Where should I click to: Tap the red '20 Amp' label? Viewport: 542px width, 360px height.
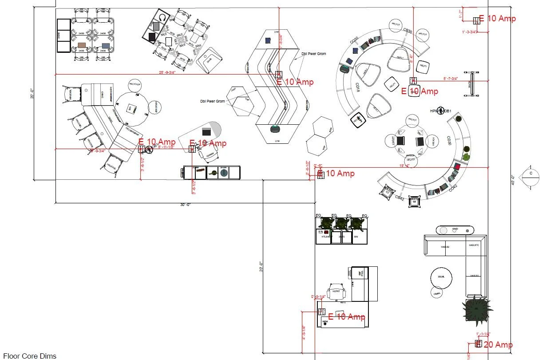click(x=498, y=344)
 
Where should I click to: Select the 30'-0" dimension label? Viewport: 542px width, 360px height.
click(x=186, y=205)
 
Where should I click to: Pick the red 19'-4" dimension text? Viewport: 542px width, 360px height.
click(x=405, y=165)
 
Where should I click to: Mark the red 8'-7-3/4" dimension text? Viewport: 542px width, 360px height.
click(x=451, y=79)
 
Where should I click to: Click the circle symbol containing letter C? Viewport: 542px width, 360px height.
click(x=530, y=174)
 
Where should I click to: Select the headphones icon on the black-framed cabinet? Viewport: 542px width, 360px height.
click(x=162, y=18)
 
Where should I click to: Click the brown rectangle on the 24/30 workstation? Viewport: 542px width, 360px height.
click(x=82, y=45)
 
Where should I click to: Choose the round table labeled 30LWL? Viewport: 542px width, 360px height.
click(x=441, y=278)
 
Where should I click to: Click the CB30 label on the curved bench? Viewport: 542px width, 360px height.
click(x=407, y=31)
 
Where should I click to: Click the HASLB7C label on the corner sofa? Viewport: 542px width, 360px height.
click(x=474, y=245)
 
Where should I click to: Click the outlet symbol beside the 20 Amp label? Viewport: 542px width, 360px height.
click(x=478, y=344)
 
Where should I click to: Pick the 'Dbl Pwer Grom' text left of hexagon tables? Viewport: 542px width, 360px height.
click(x=212, y=101)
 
